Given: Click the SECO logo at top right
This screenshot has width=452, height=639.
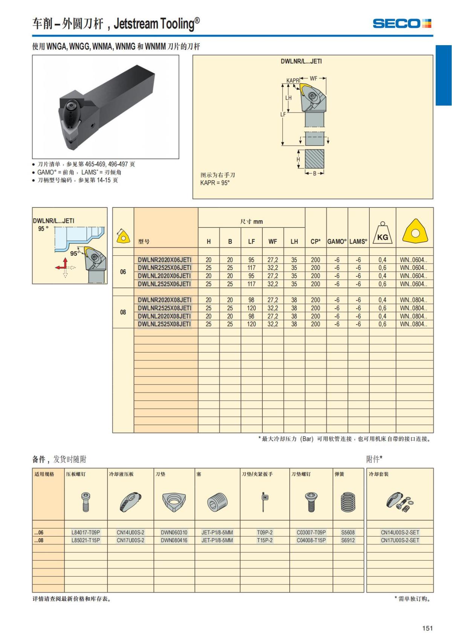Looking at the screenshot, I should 402,24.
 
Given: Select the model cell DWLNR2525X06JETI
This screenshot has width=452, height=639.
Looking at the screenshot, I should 164,268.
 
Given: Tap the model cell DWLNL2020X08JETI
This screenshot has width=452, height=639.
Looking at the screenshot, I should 164,316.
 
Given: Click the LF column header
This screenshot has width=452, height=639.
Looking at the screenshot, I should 251,242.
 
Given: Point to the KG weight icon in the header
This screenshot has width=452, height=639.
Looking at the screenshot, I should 382,234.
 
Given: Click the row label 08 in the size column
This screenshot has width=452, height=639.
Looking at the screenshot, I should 123,312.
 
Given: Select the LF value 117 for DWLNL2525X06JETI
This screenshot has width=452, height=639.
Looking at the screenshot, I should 251,284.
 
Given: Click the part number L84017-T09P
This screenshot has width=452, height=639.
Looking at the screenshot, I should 86,532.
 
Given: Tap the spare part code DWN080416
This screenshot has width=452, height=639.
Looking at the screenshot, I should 174,540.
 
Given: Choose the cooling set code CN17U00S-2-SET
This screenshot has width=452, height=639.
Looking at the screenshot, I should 400,540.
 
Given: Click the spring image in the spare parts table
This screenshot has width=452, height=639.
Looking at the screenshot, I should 348,502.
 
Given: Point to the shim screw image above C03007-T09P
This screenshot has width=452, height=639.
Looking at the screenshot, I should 311,502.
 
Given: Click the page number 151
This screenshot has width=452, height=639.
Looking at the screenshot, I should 427,628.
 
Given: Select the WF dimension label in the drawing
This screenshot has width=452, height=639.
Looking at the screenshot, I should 313,79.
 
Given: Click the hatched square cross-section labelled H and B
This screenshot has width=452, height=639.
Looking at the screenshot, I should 314,159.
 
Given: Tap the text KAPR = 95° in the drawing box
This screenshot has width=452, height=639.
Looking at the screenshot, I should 215,183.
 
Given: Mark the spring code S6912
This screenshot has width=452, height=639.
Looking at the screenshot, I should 348,540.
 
